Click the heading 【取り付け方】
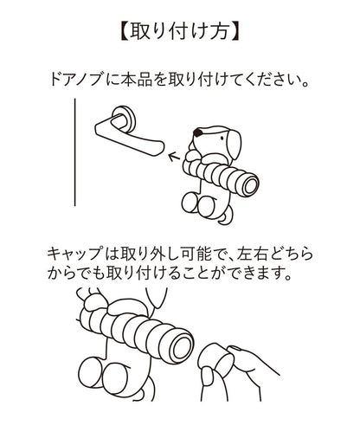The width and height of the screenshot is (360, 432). tap(179, 32)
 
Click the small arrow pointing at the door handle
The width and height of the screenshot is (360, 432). tap(174, 157)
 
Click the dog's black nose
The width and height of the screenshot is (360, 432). tap(198, 132)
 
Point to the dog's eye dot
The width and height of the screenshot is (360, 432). tap(222, 138)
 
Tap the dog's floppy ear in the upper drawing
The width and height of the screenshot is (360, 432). tap(234, 144)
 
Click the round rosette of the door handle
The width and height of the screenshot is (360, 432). tap(124, 118)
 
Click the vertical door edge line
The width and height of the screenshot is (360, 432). tap(75, 152)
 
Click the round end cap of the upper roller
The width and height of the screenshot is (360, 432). tap(248, 184)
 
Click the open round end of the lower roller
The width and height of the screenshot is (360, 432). tap(180, 349)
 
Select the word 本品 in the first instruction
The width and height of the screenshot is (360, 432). tap(136, 80)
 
